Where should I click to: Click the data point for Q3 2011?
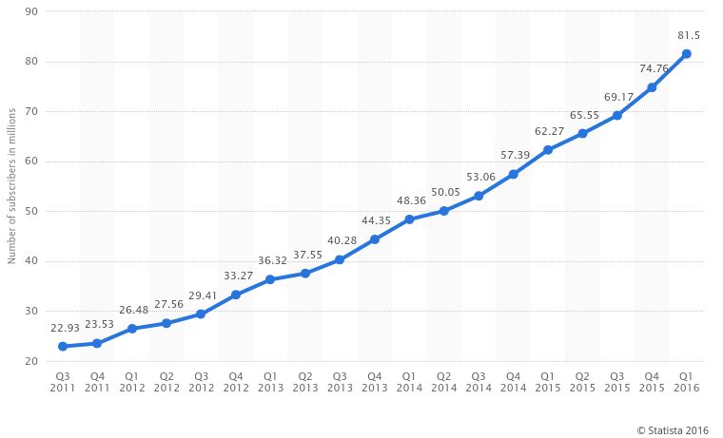63,347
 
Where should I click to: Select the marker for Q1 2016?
686,54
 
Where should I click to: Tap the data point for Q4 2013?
375,239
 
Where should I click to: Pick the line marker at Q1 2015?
547,150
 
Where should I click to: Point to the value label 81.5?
687,35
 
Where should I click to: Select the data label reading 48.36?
409,200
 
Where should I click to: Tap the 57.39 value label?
513,155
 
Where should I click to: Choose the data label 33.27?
235,276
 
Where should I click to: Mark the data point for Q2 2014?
443,211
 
